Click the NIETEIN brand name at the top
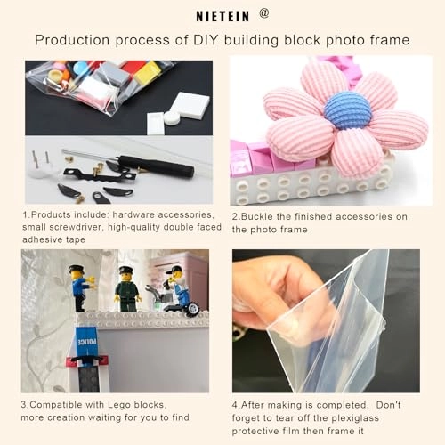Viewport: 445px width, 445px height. [222, 16]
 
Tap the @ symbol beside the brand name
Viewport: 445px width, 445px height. [264, 13]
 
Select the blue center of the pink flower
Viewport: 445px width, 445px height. [347, 110]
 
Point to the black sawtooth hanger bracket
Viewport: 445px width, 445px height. [100, 175]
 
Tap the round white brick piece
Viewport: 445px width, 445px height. [172, 117]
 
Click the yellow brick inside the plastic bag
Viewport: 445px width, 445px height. [148, 73]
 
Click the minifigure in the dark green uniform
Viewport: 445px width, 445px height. [127, 289]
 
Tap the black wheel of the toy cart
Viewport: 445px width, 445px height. [192, 309]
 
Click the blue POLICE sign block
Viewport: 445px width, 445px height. [86, 342]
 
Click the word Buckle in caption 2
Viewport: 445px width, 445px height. [257, 216]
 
